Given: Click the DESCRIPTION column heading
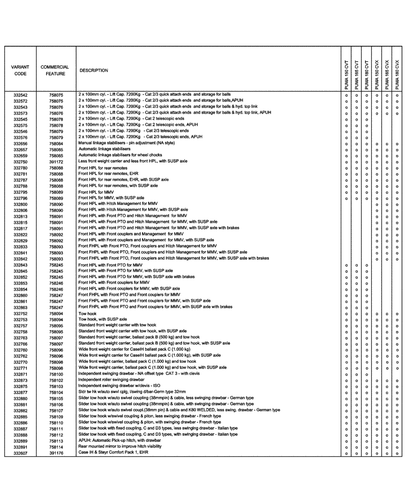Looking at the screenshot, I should [94, 71].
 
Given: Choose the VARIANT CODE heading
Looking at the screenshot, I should [20, 70].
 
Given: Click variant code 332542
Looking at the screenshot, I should [21, 95].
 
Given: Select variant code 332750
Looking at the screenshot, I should [21, 162].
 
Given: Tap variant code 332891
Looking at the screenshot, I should [21, 447].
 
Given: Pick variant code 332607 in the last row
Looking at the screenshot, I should [21, 453].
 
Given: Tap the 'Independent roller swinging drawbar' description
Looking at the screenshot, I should [111, 380].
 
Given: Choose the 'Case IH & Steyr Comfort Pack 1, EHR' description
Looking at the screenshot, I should [113, 452].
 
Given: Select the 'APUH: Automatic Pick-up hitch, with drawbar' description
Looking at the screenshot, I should [122, 440].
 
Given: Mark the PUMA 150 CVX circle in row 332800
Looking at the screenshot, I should [377, 205].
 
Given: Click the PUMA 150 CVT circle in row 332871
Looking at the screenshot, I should [346, 375].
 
